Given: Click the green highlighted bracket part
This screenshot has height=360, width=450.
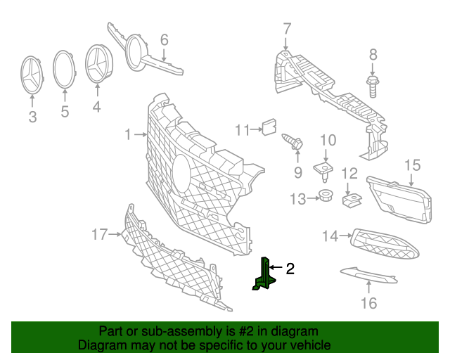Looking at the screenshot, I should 266,275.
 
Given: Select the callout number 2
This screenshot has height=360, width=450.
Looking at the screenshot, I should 290,268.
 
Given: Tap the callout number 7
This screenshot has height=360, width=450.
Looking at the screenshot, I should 286,29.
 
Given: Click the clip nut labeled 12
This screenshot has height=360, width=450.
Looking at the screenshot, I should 351,200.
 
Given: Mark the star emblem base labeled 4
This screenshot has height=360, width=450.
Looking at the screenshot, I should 99,65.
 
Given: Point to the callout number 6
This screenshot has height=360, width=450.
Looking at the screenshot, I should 165,39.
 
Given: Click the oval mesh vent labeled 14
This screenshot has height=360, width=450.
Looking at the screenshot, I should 384,241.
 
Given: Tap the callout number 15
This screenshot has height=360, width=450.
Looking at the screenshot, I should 412,165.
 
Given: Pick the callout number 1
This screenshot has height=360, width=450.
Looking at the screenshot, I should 128,134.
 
